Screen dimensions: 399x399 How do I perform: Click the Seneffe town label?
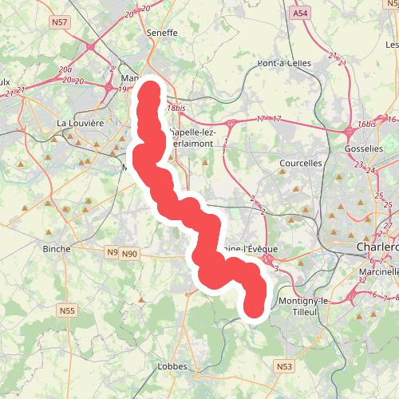pyautogui.click(x=163, y=34)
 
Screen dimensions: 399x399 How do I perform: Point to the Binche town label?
pyautogui.click(x=56, y=248)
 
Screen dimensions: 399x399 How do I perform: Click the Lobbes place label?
pyautogui.click(x=172, y=366)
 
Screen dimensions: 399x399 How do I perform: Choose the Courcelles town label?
pyautogui.click(x=301, y=163)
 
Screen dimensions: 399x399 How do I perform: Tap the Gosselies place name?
pyautogui.click(x=364, y=149)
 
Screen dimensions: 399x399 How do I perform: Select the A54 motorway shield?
pyautogui.click(x=300, y=14)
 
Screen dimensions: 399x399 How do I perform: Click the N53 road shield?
pyautogui.click(x=284, y=366)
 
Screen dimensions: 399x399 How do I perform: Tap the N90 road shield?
pyautogui.click(x=129, y=254)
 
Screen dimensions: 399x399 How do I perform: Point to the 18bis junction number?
pyautogui.click(x=176, y=108)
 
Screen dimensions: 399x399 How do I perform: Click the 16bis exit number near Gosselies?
pyautogui.click(x=367, y=124)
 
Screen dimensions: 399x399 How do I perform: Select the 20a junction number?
pyautogui.click(x=65, y=70)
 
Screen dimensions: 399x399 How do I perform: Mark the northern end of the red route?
pyautogui.click(x=149, y=86)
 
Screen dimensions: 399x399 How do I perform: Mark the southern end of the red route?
pyautogui.click(x=255, y=309)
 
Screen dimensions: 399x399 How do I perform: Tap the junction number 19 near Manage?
pyautogui.click(x=122, y=89)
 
